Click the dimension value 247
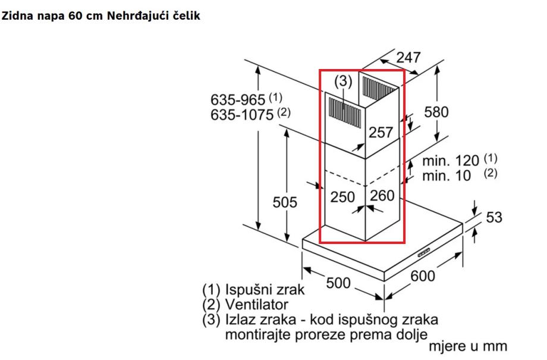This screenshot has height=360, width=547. [x=408, y=57]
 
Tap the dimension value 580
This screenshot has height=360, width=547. [x=436, y=112]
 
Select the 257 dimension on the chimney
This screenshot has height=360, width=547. [x=381, y=132]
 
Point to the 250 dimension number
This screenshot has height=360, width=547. [x=342, y=198]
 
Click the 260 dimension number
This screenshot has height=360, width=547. [x=382, y=196]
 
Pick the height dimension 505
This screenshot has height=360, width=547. [x=285, y=202]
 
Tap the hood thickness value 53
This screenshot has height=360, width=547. [x=494, y=217]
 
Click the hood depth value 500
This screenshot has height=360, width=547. [x=338, y=283]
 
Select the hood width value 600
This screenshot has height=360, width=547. [x=423, y=276]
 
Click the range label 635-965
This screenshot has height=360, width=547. [x=238, y=100]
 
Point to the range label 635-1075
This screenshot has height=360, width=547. [x=242, y=114]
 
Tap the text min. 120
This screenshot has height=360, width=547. [x=450, y=161]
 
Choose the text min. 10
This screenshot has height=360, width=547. [x=447, y=176]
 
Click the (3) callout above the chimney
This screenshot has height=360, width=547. [x=343, y=82]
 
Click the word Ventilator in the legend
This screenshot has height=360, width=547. [x=256, y=305]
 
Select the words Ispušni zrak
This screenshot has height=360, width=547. [x=265, y=289]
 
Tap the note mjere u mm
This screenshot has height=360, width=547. [x=467, y=346]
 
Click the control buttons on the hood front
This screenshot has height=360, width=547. [x=425, y=252]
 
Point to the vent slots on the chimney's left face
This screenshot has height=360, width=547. [x=345, y=110]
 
